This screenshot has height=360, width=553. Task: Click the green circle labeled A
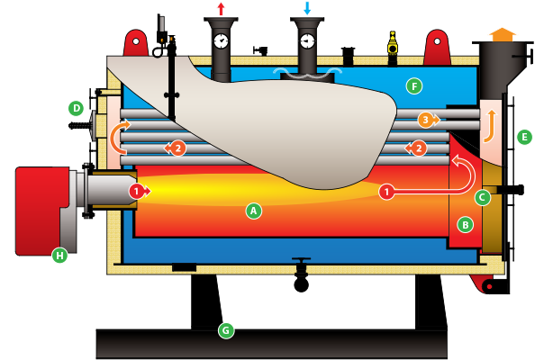click(x=254, y=211)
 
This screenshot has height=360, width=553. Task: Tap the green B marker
click(x=465, y=223)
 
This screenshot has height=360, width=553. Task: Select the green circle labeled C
click(x=483, y=196)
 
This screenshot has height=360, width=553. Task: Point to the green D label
click(x=76, y=109)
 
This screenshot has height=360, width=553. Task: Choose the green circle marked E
click(x=525, y=137)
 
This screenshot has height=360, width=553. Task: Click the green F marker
click(x=413, y=86)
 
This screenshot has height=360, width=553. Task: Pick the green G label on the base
click(x=226, y=330)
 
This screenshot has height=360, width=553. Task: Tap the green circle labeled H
click(x=59, y=256)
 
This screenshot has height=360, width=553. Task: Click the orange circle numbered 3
click(x=425, y=119)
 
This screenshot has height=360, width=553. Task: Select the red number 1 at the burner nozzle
click(x=136, y=191)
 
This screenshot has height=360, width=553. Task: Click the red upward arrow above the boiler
click(x=222, y=8)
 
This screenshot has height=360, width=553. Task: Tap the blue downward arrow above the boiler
click(x=307, y=8)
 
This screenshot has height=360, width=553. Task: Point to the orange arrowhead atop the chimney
click(x=502, y=32)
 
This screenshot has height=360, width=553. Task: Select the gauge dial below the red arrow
click(x=222, y=41)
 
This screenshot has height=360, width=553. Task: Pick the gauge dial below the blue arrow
click(x=307, y=41)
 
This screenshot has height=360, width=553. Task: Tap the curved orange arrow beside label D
click(x=115, y=138)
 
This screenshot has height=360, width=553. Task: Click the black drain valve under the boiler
click(x=300, y=266)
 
